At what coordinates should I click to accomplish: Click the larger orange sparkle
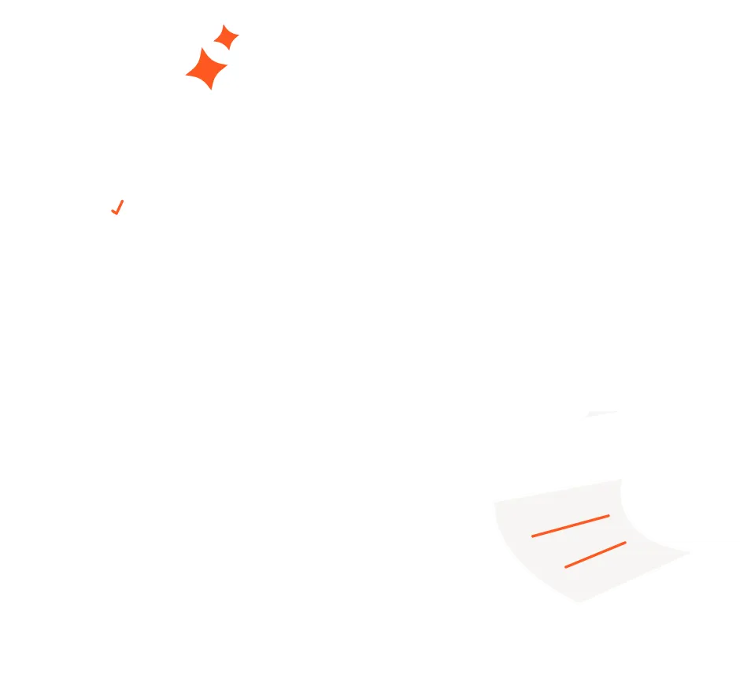(x=205, y=69)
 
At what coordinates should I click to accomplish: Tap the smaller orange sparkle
(x=227, y=38)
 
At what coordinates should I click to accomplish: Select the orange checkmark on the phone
(x=117, y=207)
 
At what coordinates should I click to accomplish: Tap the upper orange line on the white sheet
(x=570, y=525)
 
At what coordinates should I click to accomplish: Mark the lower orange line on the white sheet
(x=595, y=554)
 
